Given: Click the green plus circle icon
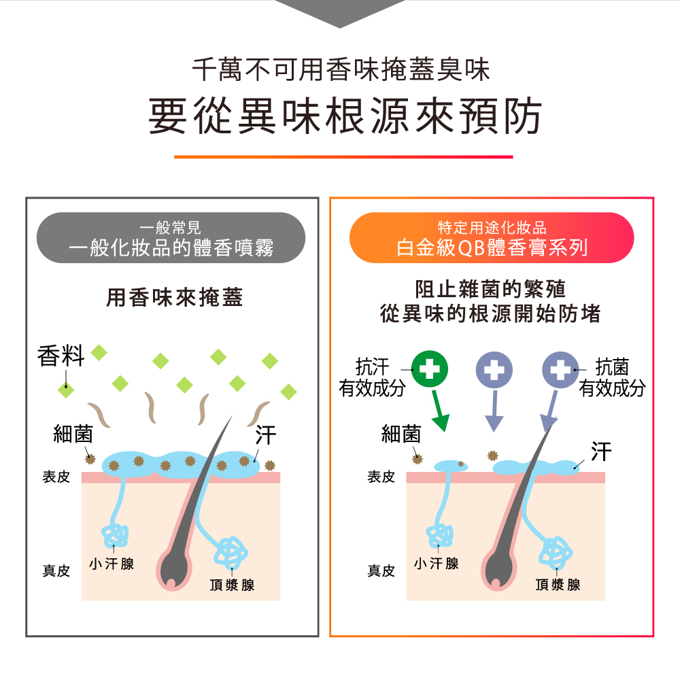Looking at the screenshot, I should coord(429,369).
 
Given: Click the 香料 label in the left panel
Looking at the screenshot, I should coord(61,356).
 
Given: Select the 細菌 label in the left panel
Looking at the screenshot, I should coord(73,435).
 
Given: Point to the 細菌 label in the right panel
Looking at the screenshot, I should coord(401,435).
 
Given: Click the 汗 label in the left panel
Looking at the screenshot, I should coord(265,435).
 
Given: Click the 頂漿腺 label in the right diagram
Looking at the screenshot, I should coord(558,585).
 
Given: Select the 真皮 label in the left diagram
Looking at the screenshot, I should coord(56,571).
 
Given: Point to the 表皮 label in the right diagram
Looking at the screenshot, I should coord(381,477).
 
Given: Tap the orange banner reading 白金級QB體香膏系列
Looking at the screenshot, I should coord(491,238).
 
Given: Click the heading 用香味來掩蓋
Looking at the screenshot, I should coord(175,298).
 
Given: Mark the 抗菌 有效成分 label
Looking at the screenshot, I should coord(612,378).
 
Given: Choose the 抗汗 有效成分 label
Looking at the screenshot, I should coord(373,378).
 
